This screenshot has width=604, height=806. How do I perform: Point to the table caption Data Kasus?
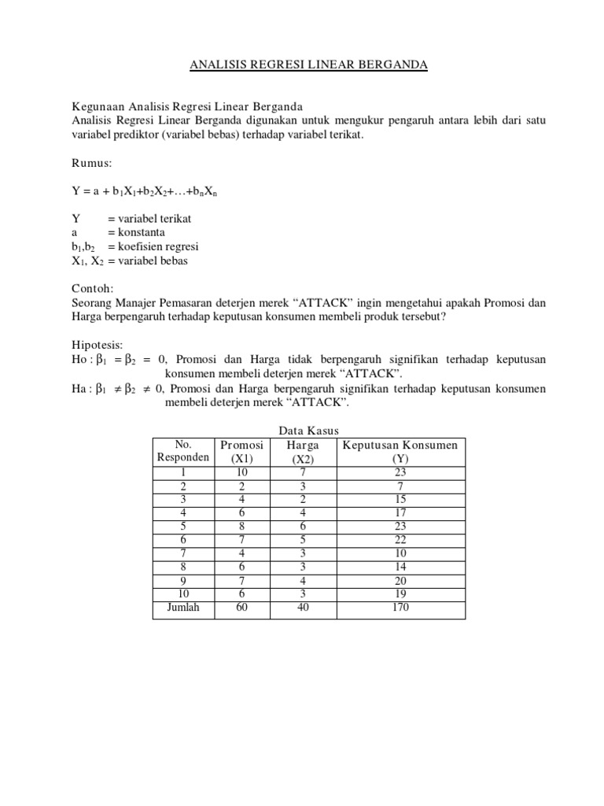[308, 431]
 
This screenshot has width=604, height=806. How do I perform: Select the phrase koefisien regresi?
[154, 246]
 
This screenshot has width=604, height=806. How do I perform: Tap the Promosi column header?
[241, 446]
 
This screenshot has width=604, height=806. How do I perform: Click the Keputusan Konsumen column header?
[400, 446]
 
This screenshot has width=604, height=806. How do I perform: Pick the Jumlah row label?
[183, 607]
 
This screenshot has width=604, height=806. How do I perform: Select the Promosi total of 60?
[241, 607]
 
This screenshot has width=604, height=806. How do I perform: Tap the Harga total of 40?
[303, 607]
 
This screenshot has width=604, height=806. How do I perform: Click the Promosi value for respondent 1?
[241, 472]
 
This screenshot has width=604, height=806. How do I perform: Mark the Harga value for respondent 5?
[303, 526]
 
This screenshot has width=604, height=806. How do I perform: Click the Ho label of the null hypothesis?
[79, 359]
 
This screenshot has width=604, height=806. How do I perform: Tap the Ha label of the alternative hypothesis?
[79, 388]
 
